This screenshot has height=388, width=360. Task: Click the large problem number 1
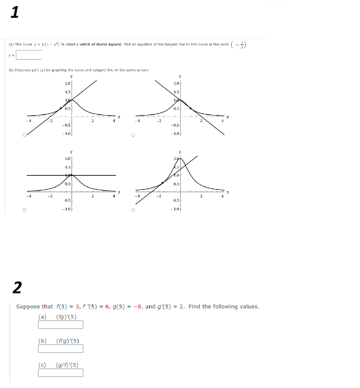(x=14, y=13)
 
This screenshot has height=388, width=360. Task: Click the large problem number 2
(x=17, y=288)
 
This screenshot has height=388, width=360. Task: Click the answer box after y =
(x=29, y=55)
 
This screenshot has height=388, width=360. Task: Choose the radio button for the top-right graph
(x=133, y=135)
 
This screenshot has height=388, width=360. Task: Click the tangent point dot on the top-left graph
(x=61, y=109)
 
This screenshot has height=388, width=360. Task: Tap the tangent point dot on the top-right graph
(x=191, y=108)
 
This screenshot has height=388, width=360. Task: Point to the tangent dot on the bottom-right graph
(x=163, y=183)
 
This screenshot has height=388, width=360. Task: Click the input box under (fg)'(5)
(x=61, y=325)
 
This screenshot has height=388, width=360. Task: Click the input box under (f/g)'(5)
(x=61, y=349)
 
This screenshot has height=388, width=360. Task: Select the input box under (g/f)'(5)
(x=61, y=373)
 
